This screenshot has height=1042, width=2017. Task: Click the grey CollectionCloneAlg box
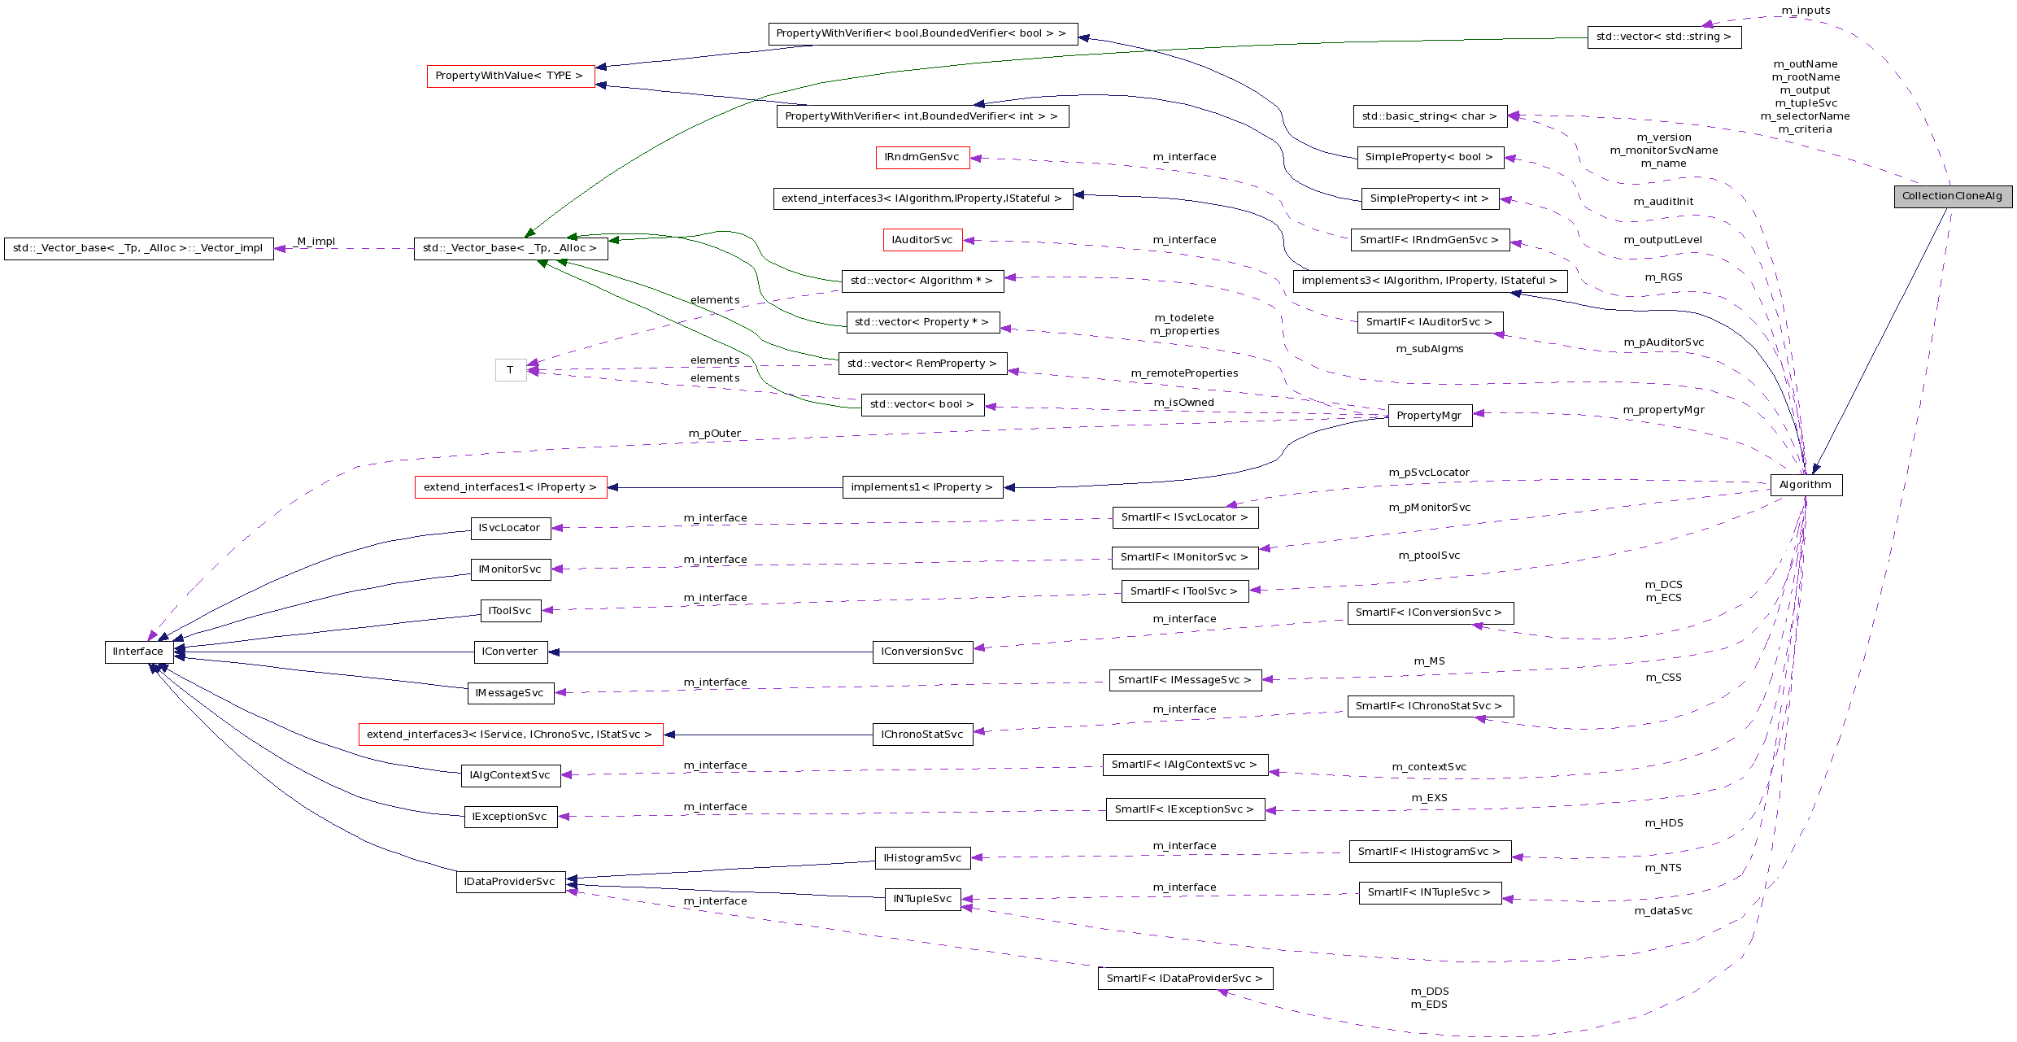pyautogui.click(x=1953, y=196)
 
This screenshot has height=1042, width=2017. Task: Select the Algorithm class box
pyautogui.click(x=1806, y=485)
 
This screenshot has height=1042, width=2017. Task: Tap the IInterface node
pyautogui.click(x=138, y=652)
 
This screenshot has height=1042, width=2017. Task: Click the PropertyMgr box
pyautogui.click(x=1429, y=416)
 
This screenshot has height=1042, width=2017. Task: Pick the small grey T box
pyautogui.click(x=510, y=370)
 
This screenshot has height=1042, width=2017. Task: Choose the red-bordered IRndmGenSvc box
pyautogui.click(x=922, y=157)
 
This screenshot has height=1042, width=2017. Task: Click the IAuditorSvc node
pyautogui.click(x=922, y=240)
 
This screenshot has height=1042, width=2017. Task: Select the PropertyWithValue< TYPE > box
pyautogui.click(x=510, y=76)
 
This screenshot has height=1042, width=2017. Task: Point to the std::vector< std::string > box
pyautogui.click(x=1663, y=37)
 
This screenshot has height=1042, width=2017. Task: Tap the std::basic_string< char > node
pyautogui.click(x=1429, y=116)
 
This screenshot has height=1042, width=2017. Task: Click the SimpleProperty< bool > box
pyautogui.click(x=1429, y=157)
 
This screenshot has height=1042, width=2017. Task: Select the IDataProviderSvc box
pyautogui.click(x=510, y=882)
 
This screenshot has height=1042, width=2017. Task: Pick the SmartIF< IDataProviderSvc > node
pyautogui.click(x=1184, y=979)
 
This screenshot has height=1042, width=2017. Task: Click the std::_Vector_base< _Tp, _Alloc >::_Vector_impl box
pyautogui.click(x=138, y=248)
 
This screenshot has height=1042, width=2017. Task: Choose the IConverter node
pyautogui.click(x=510, y=652)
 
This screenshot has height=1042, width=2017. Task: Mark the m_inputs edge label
pyautogui.click(x=1806, y=11)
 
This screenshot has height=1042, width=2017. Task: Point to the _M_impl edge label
pyautogui.click(x=316, y=242)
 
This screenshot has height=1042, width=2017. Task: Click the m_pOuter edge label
pyautogui.click(x=715, y=434)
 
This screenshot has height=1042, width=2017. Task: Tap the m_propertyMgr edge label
pyautogui.click(x=1663, y=410)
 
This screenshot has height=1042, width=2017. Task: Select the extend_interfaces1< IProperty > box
pyautogui.click(x=510, y=487)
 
